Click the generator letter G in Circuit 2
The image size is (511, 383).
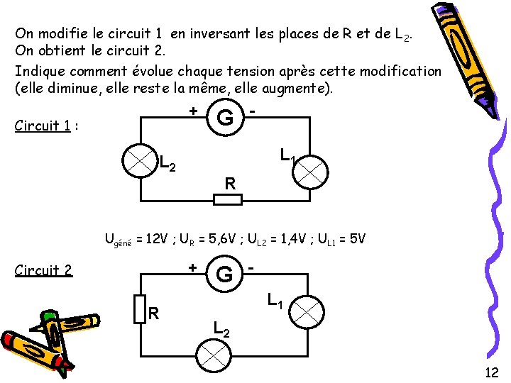pos(225,274)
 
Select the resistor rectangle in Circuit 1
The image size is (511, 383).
pos(228,199)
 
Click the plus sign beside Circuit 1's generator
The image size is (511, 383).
pos(192,111)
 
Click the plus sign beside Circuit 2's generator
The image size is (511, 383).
pos(192,267)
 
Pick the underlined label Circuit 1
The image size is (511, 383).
pos(42,126)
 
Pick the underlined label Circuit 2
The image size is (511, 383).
pos(43,270)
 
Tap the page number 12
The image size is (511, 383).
pos(491,372)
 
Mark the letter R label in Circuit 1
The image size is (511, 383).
pos(229,184)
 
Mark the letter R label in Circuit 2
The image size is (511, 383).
pos(153,313)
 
